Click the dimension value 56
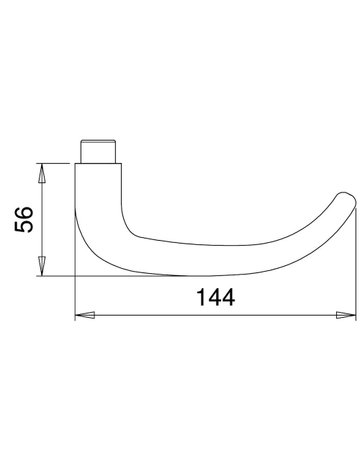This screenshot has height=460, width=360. (x=24, y=219)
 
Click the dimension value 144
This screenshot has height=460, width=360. (x=216, y=297)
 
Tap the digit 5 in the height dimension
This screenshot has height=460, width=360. (x=24, y=226)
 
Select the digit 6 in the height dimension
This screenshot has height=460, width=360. (x=24, y=213)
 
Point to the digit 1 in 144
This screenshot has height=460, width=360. (x=202, y=297)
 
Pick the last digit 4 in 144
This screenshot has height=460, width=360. (x=228, y=297)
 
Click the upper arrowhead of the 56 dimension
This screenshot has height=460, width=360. (x=42, y=173)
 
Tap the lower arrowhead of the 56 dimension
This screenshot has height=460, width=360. (x=42, y=266)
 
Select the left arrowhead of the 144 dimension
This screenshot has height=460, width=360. (x=85, y=315)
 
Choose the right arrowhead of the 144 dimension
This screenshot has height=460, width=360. (x=346, y=315)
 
